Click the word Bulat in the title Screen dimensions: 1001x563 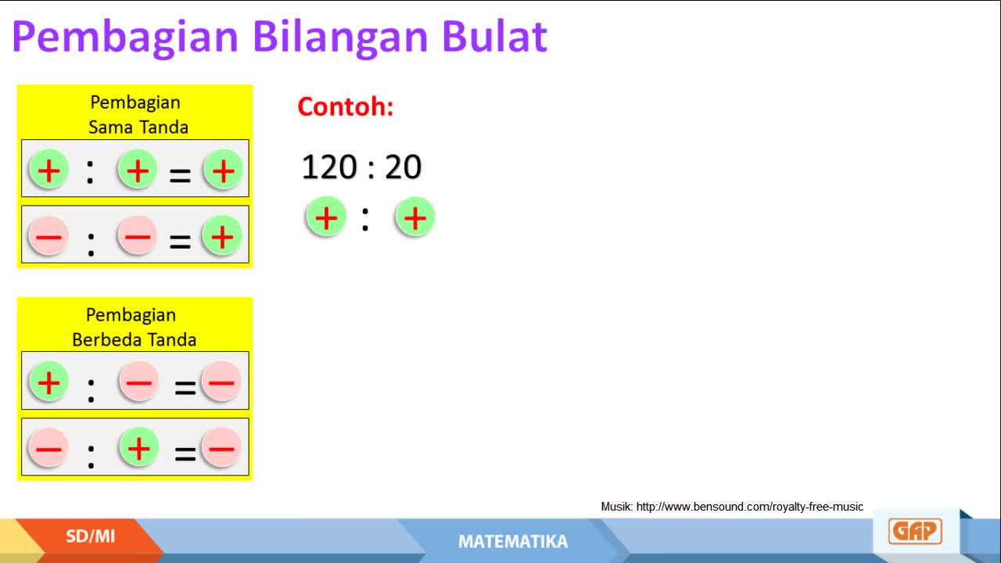tap(495, 37)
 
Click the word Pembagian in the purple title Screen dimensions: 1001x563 tap(125, 39)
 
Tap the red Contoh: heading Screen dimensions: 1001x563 tap(346, 107)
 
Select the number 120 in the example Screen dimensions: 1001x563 tap(329, 167)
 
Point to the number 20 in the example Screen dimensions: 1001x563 tap(403, 167)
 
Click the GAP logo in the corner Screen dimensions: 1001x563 tap(915, 531)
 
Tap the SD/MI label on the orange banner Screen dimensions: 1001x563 tap(90, 536)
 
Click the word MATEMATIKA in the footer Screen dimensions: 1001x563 tap(513, 542)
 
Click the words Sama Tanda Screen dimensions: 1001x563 tap(138, 127)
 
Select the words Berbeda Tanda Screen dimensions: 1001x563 tap(134, 340)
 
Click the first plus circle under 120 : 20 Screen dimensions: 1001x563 tap(326, 217)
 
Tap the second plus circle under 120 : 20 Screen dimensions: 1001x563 tap(414, 218)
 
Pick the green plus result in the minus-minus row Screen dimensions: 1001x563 tap(222, 236)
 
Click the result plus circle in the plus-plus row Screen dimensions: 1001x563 tap(224, 170)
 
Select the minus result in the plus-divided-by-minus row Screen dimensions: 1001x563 tap(221, 382)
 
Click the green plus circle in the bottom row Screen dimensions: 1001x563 tap(139, 448)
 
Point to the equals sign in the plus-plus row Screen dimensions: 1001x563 tap(180, 176)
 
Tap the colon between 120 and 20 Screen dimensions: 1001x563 tap(371, 168)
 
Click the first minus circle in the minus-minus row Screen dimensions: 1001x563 tap(48, 236)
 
